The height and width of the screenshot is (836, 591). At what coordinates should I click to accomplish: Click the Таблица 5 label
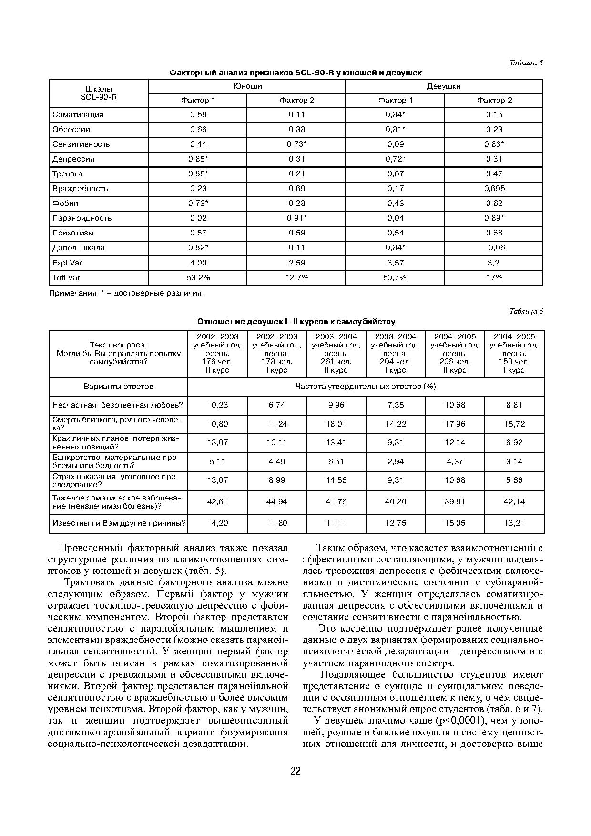[526, 63]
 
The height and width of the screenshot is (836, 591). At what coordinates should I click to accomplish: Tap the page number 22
[295, 771]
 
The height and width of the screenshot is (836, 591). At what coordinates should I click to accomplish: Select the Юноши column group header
[247, 86]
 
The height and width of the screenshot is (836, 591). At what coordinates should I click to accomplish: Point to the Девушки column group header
[443, 86]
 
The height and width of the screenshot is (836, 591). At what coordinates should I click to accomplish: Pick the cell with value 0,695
[494, 189]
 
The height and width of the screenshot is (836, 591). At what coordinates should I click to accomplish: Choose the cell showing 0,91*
[296, 218]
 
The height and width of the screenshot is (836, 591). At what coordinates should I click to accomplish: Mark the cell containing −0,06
[494, 248]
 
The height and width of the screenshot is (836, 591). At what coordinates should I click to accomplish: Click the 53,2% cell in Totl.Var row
[198, 277]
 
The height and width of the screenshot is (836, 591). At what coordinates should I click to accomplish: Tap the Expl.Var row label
[67, 263]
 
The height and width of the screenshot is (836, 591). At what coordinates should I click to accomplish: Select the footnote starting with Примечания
[126, 293]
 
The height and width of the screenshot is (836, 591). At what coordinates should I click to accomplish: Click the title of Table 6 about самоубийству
[296, 322]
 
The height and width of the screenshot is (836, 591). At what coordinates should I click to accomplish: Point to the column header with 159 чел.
[514, 354]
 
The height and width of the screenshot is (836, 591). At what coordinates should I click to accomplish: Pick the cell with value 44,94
[276, 501]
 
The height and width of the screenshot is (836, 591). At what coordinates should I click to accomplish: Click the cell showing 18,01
[336, 424]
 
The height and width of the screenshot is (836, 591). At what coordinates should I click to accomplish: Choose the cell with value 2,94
[395, 461]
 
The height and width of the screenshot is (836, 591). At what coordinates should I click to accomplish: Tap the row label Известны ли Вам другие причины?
[119, 523]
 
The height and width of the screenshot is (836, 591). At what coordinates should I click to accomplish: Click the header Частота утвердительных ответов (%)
[366, 387]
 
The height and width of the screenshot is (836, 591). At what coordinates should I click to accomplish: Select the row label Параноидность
[82, 218]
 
